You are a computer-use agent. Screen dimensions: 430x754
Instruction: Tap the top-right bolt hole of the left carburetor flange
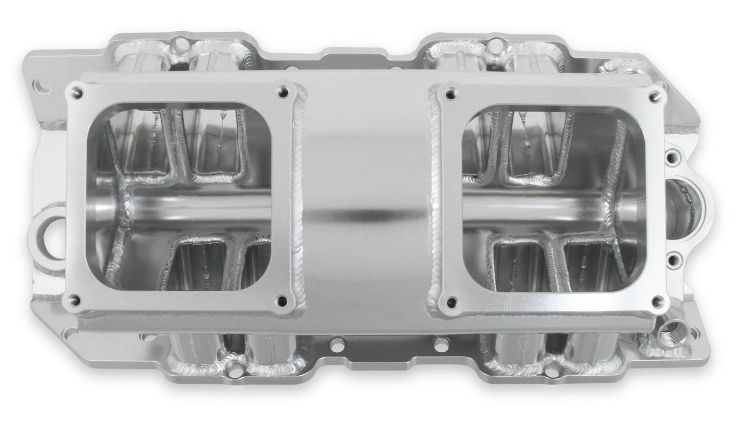(283, 92)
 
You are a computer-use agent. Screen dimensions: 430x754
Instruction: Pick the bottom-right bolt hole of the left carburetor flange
(283, 301)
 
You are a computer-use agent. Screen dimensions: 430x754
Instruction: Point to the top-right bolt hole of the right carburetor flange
(654, 96)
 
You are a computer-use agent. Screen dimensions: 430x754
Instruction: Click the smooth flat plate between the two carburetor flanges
(365, 198)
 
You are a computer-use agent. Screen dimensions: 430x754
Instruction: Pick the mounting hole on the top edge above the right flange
(490, 44)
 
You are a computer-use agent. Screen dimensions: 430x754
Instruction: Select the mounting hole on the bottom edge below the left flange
(236, 369)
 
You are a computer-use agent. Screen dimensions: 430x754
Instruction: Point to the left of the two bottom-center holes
(338, 344)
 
